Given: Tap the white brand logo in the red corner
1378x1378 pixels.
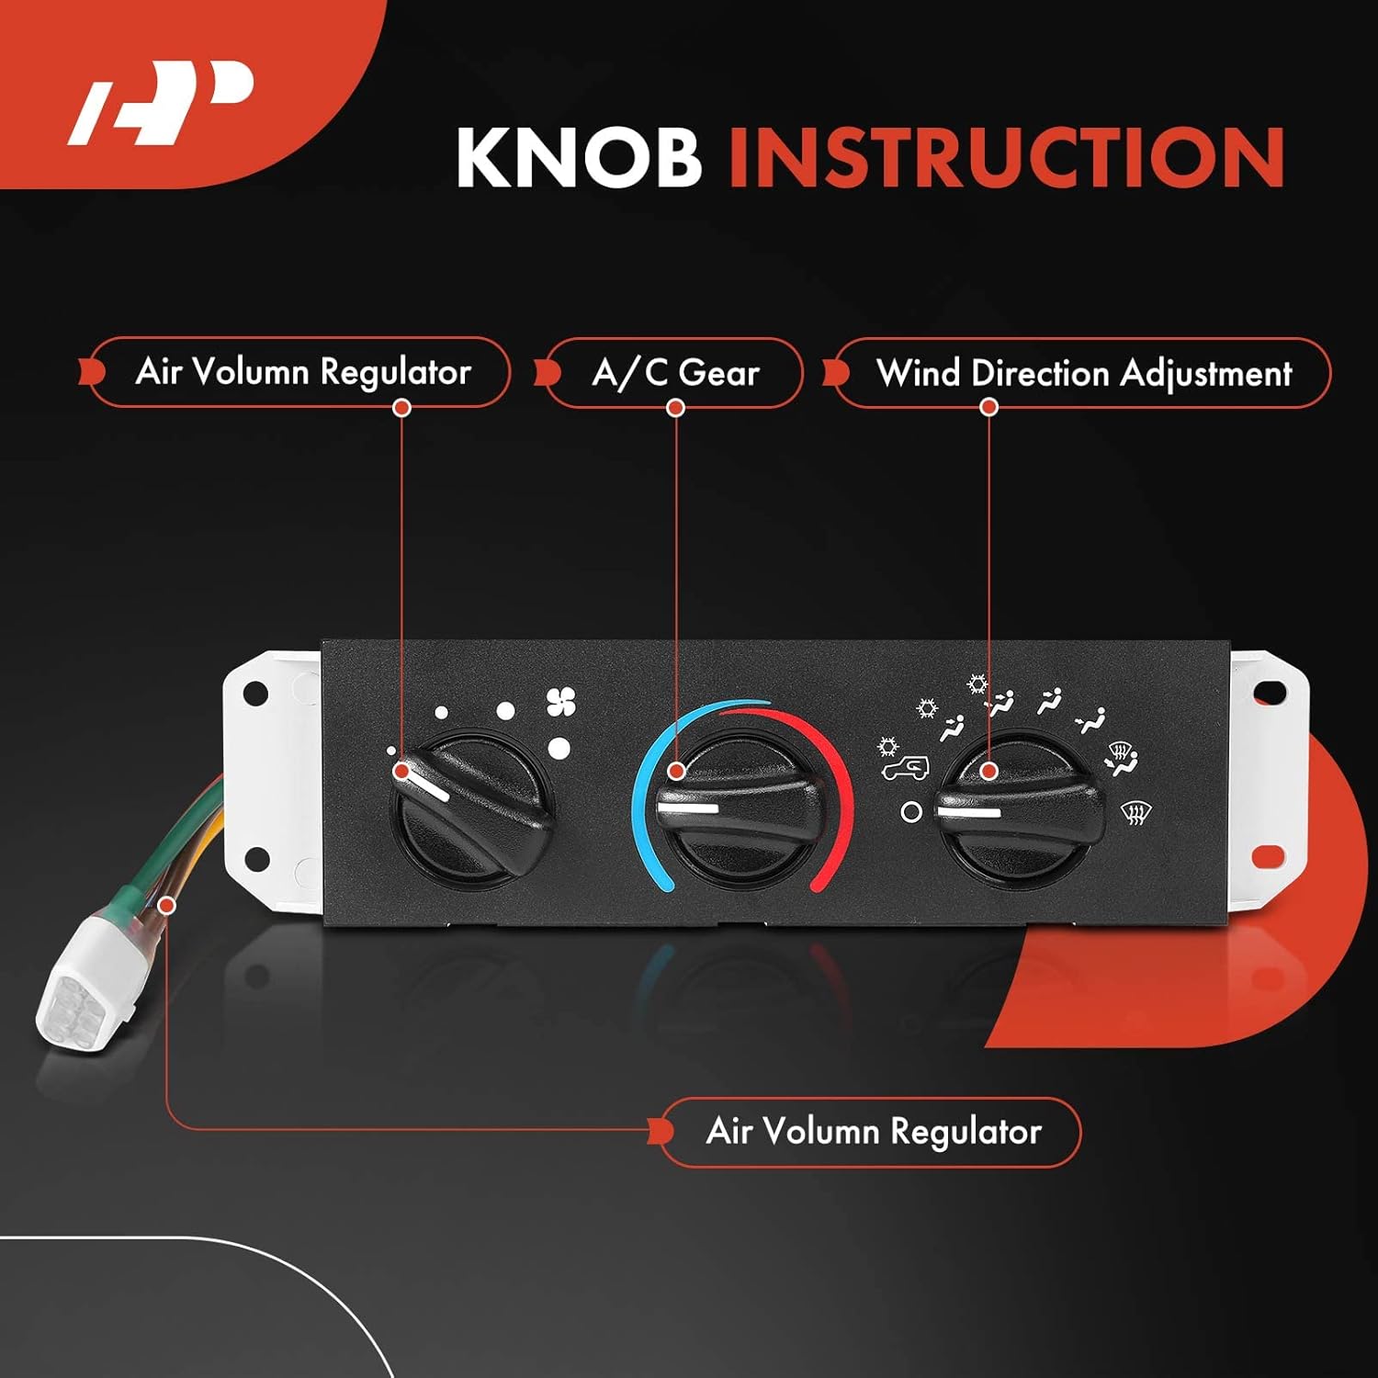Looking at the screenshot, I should [x=161, y=102].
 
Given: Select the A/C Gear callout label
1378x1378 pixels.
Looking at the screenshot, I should [x=675, y=373].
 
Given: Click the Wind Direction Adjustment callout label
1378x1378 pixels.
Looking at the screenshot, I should [x=1084, y=373].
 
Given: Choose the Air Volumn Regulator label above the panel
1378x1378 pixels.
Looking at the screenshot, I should [x=302, y=372].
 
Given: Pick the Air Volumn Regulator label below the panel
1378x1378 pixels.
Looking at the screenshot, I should [x=873, y=1132].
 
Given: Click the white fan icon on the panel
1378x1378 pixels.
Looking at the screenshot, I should [x=561, y=703].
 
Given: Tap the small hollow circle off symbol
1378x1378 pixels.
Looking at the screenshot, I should [x=911, y=812].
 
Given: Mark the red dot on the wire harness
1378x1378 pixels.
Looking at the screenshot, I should [x=166, y=906].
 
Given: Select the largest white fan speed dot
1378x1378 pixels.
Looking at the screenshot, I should [x=559, y=748].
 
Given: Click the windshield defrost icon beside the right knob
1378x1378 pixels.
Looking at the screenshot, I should [x=1136, y=812].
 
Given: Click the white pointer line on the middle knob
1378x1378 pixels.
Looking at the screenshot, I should [x=688, y=808].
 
